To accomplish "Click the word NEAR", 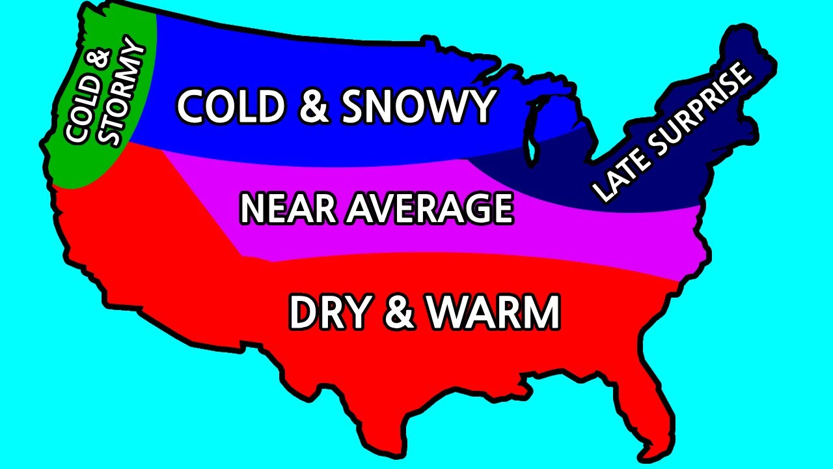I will pos(289,208).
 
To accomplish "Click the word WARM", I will pos(493,313).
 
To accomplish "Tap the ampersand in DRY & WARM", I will pos(398,313).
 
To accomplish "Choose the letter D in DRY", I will pos(303,313).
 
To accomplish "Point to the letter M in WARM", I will pos(540,313).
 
